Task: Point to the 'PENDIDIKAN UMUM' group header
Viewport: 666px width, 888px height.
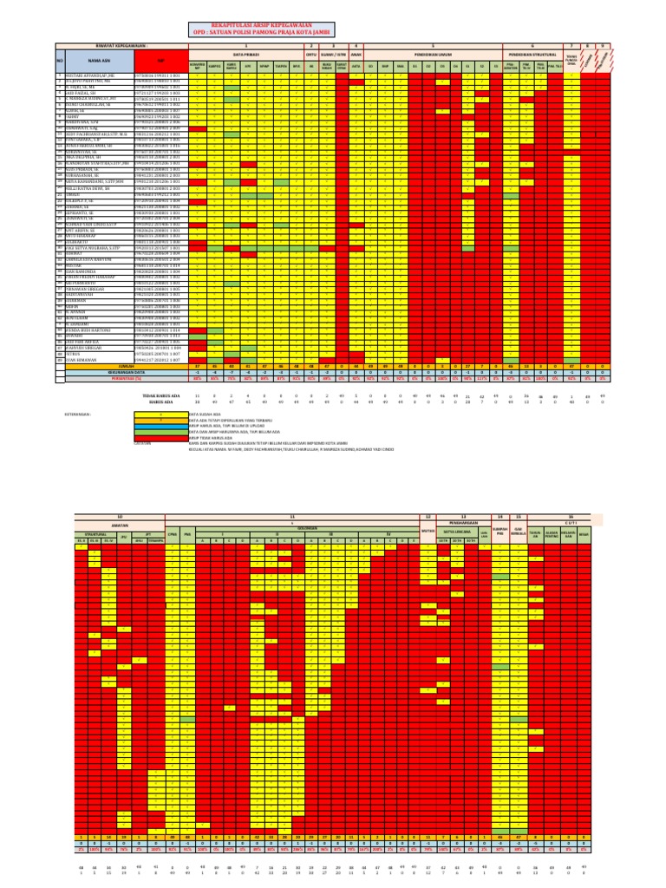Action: (x=425, y=53)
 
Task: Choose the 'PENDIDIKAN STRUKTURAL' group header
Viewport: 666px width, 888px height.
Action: (x=532, y=53)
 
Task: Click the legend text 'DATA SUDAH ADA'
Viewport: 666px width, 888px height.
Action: (x=205, y=415)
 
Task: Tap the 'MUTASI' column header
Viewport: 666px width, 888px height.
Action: (x=427, y=530)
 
